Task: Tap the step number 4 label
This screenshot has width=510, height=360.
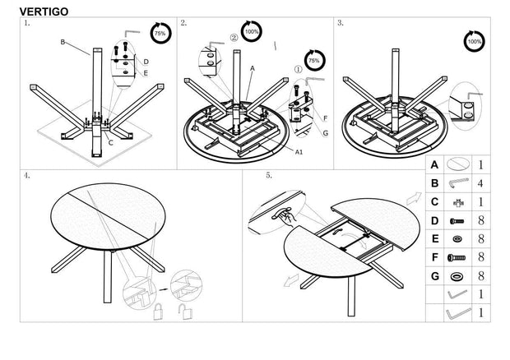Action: (x=28, y=176)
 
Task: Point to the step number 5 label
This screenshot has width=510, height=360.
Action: (x=269, y=176)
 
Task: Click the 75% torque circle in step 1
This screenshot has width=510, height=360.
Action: (x=160, y=35)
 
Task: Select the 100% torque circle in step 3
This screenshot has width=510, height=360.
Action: (x=474, y=39)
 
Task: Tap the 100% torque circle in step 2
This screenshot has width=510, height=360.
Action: (x=252, y=31)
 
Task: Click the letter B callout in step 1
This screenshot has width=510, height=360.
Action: (x=63, y=40)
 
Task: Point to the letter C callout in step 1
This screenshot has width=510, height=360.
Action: (x=111, y=141)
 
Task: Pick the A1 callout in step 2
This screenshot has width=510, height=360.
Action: (x=299, y=152)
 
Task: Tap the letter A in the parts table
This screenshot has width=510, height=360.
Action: (x=433, y=165)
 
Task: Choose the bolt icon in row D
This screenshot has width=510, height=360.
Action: (x=457, y=220)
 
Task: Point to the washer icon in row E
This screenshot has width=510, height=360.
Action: (x=457, y=238)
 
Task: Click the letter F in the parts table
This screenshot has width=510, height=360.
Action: (x=433, y=256)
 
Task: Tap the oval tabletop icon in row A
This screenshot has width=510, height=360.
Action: (x=457, y=165)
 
